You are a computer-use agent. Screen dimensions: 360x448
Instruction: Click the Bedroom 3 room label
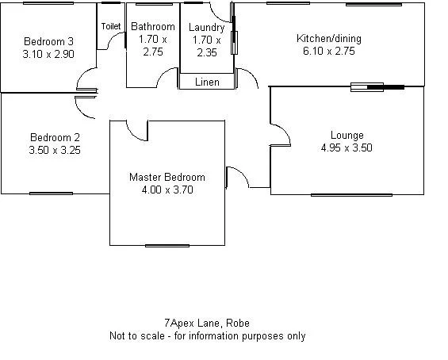[48, 42]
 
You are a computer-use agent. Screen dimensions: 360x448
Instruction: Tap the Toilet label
[111, 26]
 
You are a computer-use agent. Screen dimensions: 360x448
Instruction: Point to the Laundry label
[207, 28]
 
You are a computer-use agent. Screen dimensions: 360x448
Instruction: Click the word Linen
[207, 82]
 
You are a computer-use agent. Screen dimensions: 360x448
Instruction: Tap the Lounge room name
[347, 136]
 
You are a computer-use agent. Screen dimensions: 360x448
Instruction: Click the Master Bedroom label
[167, 178]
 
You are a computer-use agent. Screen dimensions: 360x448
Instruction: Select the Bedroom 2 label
[55, 136]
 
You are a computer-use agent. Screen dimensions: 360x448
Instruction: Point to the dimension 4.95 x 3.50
[347, 147]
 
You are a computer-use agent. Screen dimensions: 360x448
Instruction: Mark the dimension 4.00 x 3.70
[167, 190]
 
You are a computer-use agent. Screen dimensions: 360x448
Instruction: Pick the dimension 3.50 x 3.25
[55, 149]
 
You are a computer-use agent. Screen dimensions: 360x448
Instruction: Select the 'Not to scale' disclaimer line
[207, 335]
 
